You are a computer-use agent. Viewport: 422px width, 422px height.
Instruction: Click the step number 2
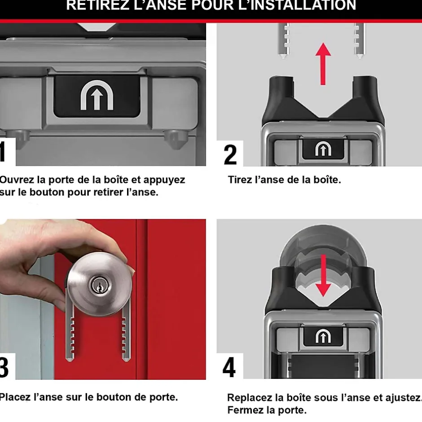(x=230, y=154)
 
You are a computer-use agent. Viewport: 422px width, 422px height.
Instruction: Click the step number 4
(x=229, y=367)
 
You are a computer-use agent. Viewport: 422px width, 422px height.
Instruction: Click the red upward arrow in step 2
(x=323, y=63)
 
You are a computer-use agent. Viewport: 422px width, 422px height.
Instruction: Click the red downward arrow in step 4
(x=323, y=275)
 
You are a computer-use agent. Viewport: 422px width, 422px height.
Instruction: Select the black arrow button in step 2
(x=323, y=149)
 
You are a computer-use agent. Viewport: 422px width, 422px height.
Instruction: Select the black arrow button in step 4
(x=323, y=337)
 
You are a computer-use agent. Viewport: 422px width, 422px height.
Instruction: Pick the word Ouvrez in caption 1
(x=17, y=180)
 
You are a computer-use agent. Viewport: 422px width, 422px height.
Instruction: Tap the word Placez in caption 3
(x=16, y=397)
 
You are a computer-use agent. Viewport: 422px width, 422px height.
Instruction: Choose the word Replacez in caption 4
(x=250, y=398)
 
